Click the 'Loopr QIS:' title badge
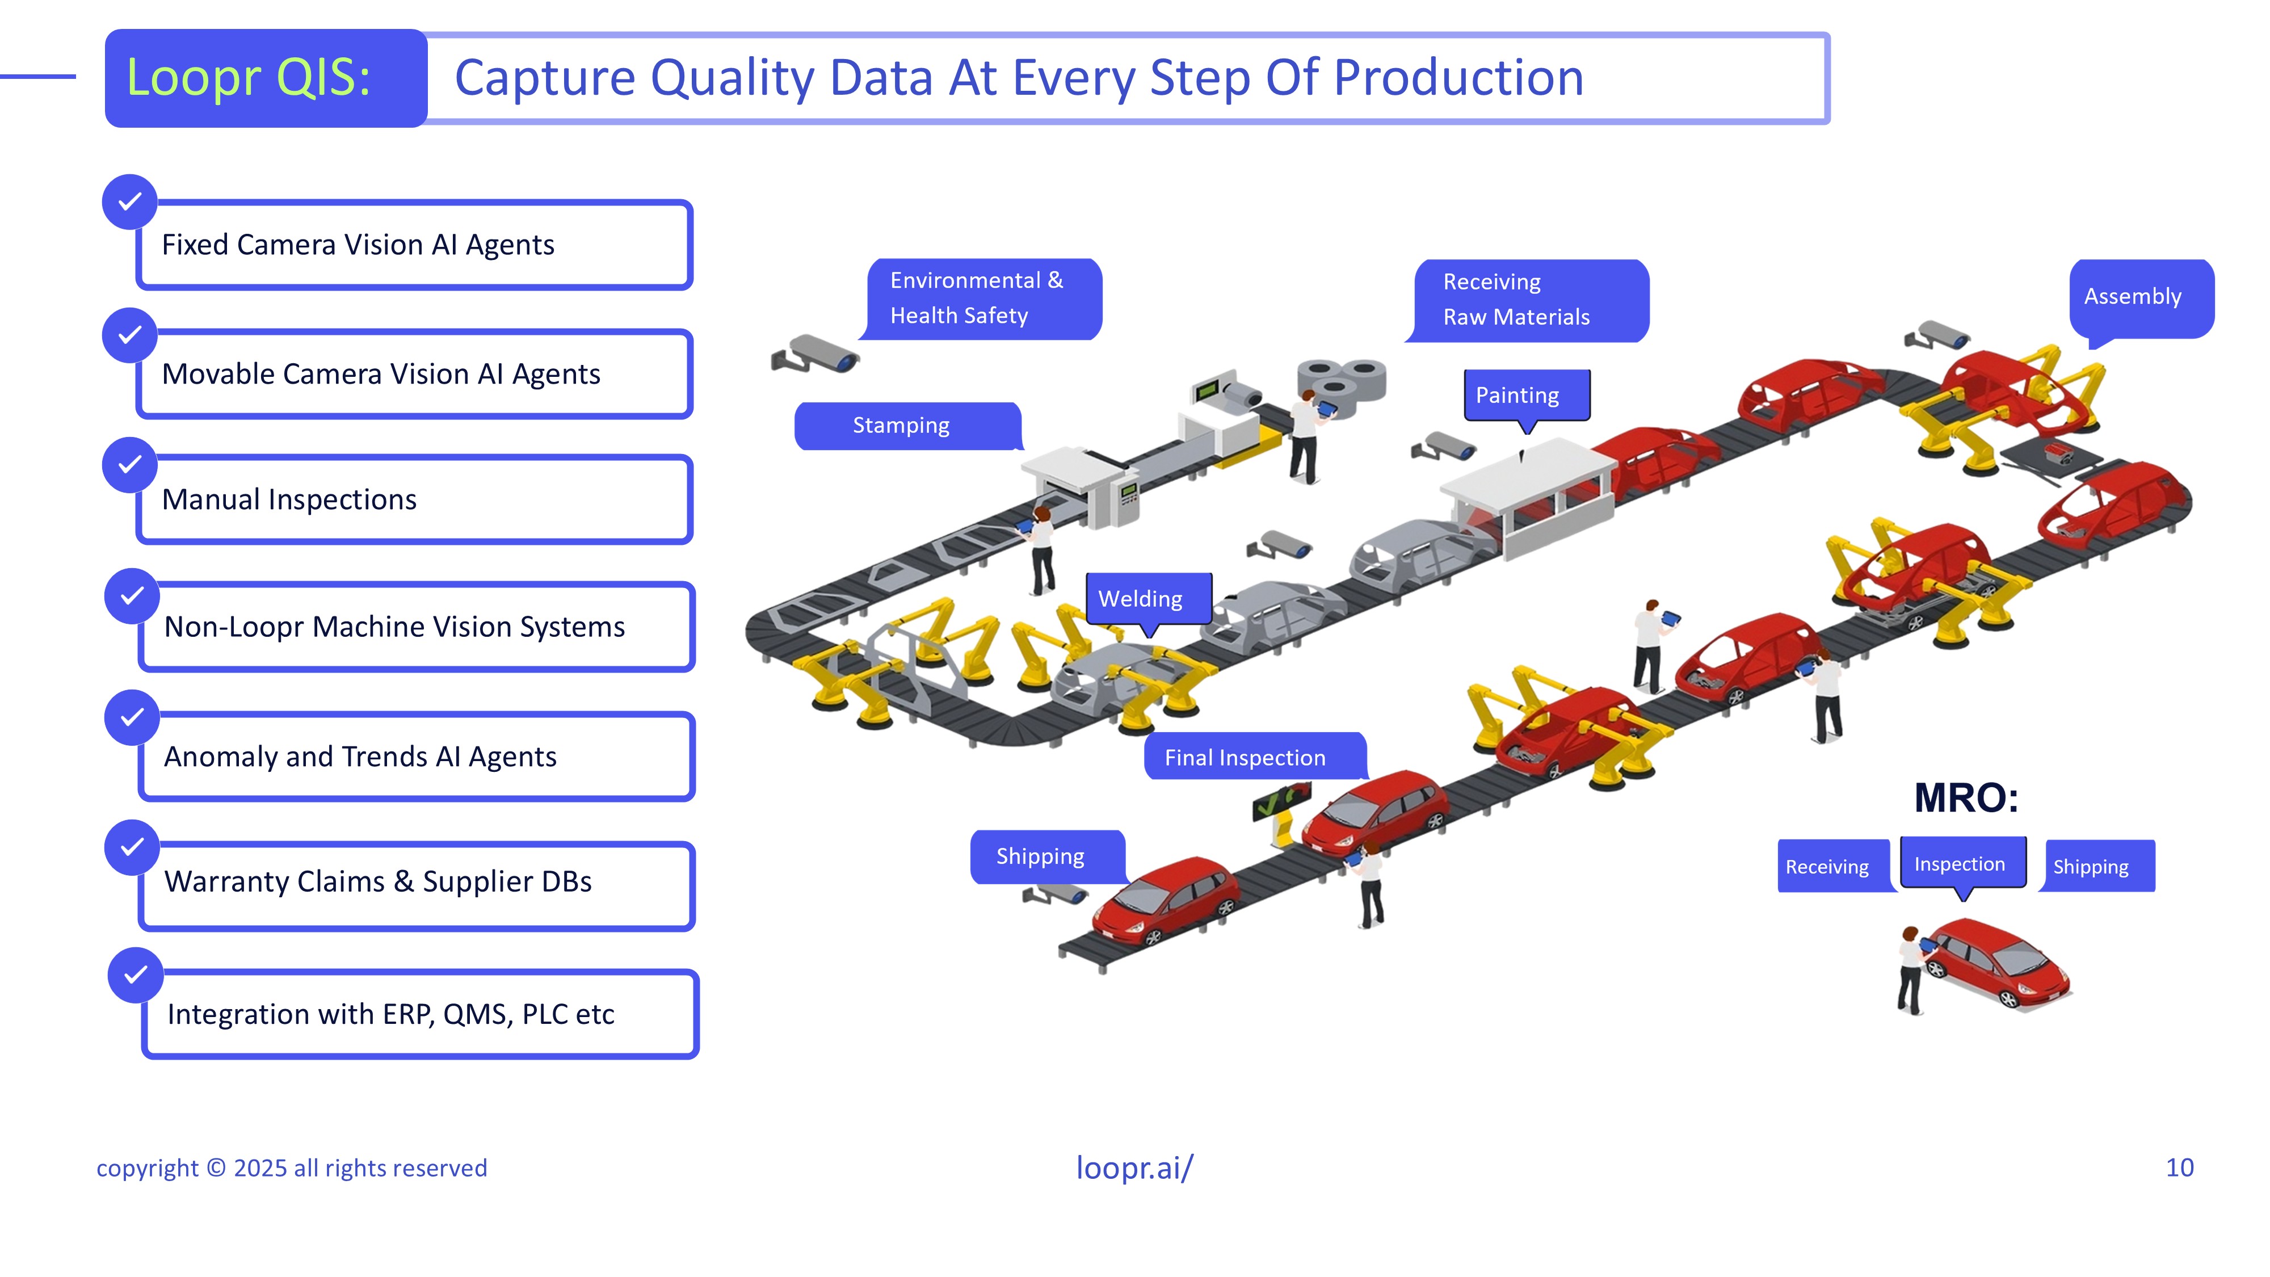tap(265, 78)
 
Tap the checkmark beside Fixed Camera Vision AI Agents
tap(129, 202)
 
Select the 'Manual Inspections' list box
tap(414, 499)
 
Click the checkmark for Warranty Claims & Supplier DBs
tap(132, 847)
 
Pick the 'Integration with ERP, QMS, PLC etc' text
tap(390, 1014)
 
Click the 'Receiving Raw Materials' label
tap(1529, 300)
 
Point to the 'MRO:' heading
tap(1965, 799)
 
